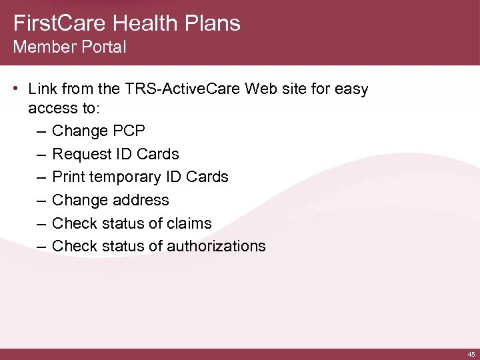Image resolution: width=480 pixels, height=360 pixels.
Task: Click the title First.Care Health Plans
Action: point(127,23)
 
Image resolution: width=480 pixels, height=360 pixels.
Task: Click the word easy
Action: point(351,89)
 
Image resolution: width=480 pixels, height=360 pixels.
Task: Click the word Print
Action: point(68,177)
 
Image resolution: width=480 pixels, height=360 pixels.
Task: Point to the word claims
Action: point(189,223)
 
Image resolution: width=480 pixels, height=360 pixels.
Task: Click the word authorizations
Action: point(216,246)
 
